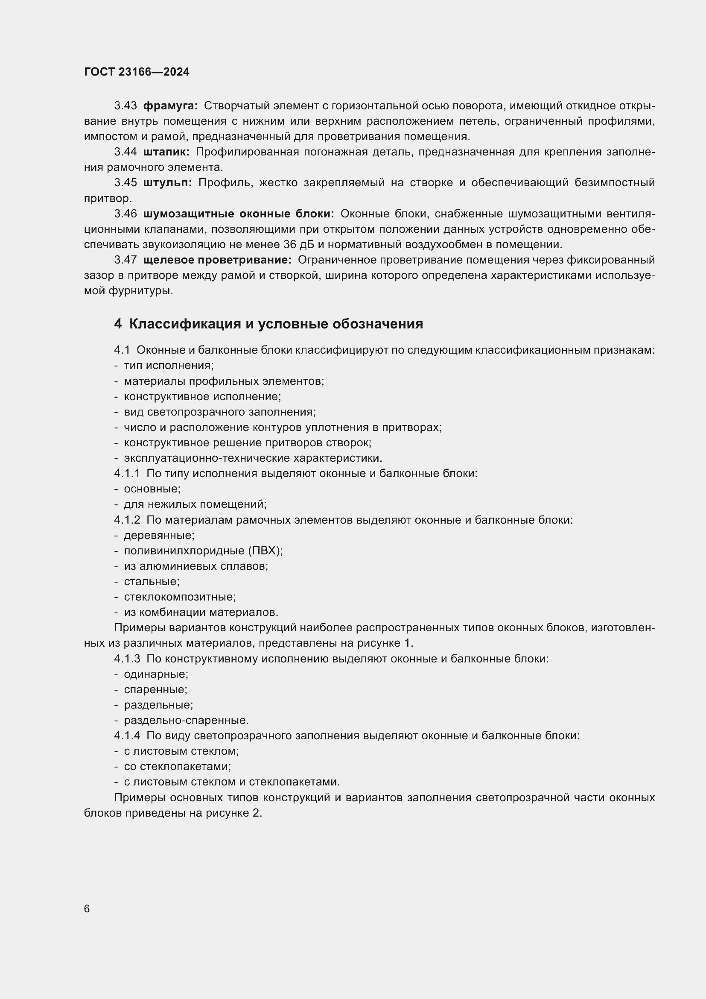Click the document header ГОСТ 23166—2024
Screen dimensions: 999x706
point(137,72)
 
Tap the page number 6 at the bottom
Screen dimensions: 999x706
point(87,909)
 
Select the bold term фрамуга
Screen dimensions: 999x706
point(170,106)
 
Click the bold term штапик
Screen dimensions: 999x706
point(166,152)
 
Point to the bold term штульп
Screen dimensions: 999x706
point(167,183)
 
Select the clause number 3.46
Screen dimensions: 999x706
point(125,214)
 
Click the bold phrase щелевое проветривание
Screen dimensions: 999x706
point(217,260)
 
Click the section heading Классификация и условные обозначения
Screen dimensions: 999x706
point(276,324)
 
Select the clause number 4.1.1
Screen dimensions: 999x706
point(127,473)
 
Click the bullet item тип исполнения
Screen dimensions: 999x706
point(169,366)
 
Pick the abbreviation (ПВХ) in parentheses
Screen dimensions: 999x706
point(265,551)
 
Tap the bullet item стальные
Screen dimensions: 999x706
point(151,582)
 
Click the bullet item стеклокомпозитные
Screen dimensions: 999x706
point(180,597)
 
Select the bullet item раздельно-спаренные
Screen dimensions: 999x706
point(186,721)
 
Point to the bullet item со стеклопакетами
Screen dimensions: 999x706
point(178,767)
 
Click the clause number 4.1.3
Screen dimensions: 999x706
point(127,659)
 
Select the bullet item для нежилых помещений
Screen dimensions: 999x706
point(195,504)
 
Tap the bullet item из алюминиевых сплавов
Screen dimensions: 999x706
point(195,566)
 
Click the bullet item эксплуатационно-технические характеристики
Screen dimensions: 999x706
point(253,458)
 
